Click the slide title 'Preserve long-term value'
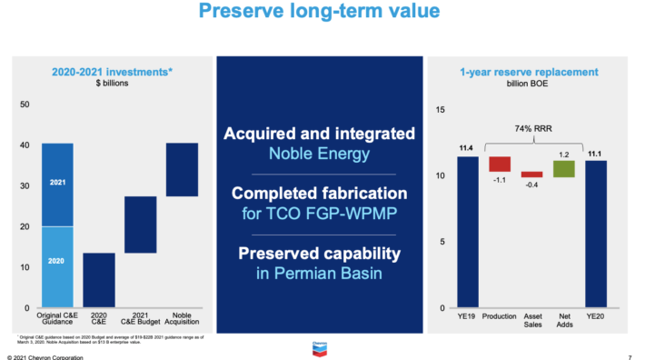click(x=322, y=13)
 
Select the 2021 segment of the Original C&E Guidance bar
click(x=57, y=184)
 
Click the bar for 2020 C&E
click(x=99, y=279)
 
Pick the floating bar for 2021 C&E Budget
click(x=141, y=225)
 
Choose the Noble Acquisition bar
click(x=182, y=169)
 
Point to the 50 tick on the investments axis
click(x=24, y=105)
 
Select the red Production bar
click(x=500, y=164)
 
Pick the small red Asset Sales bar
click(x=531, y=174)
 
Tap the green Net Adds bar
click(x=564, y=168)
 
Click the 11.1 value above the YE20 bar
click(x=596, y=154)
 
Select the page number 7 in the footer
click(x=630, y=357)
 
